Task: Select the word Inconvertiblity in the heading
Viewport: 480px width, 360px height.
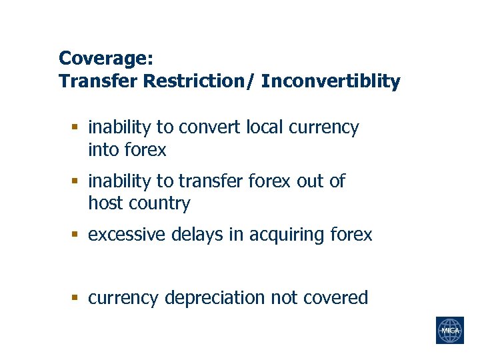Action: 331,81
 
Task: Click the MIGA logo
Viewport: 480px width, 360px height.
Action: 449,330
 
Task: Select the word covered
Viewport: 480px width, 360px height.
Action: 336,297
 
